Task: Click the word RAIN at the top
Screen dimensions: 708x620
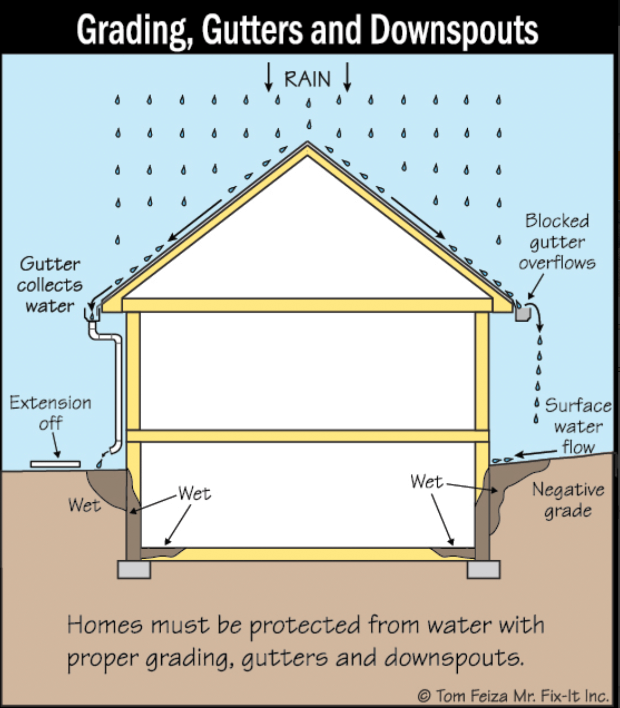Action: tap(307, 79)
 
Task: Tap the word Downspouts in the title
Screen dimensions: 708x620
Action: tap(454, 29)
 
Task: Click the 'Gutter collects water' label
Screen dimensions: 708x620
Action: tap(50, 285)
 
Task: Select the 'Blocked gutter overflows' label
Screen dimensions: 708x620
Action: tap(556, 242)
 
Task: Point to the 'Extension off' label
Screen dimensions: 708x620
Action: tap(50, 413)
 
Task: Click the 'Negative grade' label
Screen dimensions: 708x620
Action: tap(568, 500)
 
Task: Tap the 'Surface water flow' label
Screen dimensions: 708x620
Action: tap(578, 426)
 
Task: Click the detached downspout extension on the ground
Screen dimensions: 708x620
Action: tap(55, 464)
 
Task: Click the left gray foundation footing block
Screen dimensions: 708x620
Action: tap(134, 569)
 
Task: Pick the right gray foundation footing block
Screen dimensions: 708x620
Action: tap(483, 569)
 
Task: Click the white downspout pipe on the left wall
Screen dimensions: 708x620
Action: tap(118, 390)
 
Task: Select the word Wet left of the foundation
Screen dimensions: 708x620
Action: tap(84, 505)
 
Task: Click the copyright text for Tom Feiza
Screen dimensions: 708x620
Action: tap(513, 696)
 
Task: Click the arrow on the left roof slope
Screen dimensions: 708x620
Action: tap(196, 220)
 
